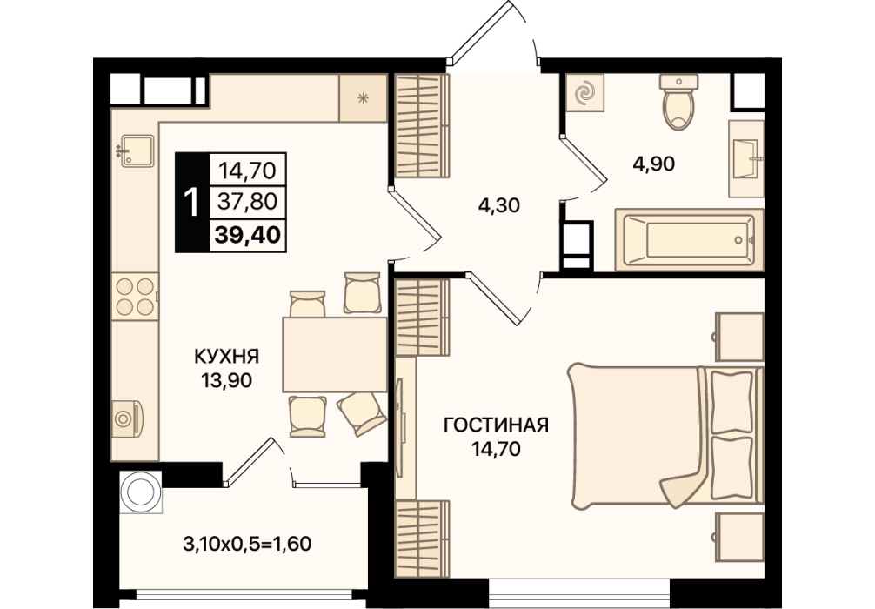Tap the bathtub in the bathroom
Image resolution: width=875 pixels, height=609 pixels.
point(689,240)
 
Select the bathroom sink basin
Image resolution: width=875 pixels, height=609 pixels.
point(745,159)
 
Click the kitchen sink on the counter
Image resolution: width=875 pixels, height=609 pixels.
point(137,151)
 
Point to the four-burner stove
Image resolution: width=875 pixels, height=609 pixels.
point(135,297)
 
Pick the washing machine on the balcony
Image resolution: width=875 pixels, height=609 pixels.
point(141,492)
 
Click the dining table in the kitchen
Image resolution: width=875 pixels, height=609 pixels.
point(335,354)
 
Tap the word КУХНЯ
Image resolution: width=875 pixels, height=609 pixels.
point(226,356)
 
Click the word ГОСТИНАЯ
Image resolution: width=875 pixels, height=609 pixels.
point(496,425)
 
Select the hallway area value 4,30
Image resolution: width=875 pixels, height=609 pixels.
point(499,205)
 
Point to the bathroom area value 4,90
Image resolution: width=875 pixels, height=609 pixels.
point(654,164)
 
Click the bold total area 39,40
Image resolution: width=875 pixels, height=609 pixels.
point(247,235)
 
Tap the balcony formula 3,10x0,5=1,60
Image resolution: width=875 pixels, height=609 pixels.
point(247,543)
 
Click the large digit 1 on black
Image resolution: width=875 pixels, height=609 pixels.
point(191,202)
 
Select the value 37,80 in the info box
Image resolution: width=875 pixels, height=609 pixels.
point(247,201)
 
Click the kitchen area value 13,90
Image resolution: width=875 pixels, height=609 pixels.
point(226,380)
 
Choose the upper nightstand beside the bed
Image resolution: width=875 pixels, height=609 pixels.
point(738,337)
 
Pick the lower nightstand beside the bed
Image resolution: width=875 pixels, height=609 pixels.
point(738,537)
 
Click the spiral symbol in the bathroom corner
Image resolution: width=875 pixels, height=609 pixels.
point(585,93)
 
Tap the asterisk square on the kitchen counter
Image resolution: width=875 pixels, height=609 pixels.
point(364,98)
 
